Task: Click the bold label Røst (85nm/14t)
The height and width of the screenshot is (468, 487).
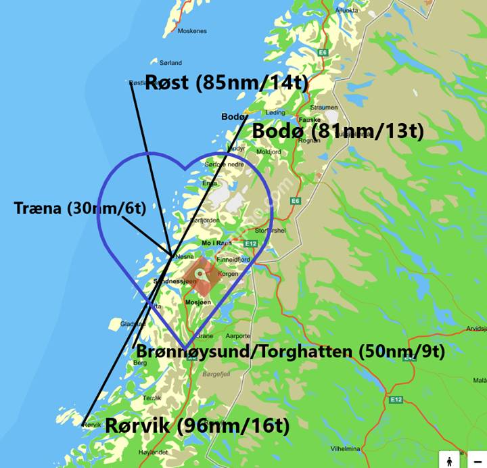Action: click(x=227, y=84)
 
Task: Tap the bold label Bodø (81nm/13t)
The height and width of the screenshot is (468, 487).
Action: click(x=338, y=131)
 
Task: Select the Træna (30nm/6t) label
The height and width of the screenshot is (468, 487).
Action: click(x=79, y=208)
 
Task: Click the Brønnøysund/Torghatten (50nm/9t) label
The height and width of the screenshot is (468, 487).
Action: click(x=291, y=352)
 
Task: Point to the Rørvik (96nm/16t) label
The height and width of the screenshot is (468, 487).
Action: click(x=197, y=426)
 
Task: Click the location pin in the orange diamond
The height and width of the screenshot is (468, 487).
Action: click(x=201, y=273)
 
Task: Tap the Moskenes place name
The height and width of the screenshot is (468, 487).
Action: click(x=192, y=31)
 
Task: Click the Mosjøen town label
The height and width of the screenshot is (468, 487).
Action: click(x=198, y=302)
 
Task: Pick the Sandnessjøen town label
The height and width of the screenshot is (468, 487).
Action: click(x=175, y=281)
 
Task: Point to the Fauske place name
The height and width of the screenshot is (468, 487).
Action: click(x=310, y=120)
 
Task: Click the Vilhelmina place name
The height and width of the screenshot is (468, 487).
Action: click(x=345, y=448)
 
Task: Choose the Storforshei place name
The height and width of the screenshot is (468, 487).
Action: click(x=271, y=230)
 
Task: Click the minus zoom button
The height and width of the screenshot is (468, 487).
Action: click(x=478, y=459)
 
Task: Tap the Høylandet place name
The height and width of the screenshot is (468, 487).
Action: click(x=153, y=451)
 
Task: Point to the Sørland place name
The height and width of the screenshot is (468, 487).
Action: click(x=171, y=63)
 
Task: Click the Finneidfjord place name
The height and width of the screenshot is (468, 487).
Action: click(x=233, y=260)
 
